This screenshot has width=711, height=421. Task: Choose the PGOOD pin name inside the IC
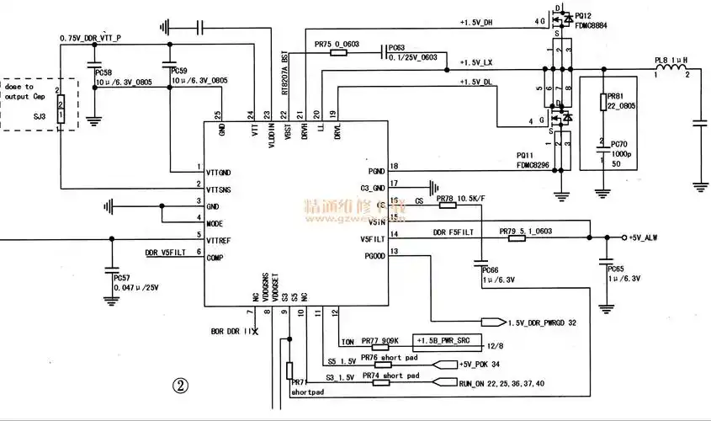370,255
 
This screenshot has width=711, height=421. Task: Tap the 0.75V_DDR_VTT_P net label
91,39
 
